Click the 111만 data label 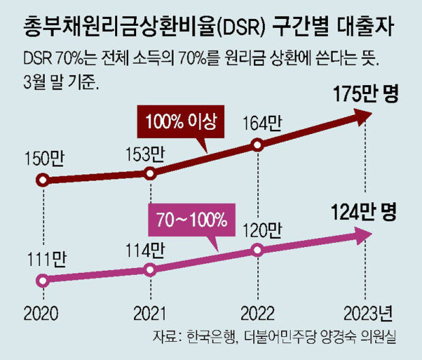[x=43, y=259]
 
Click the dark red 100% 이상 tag [x=177, y=122]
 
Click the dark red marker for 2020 [x=43, y=180]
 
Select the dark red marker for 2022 [x=257, y=144]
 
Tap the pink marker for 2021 [x=150, y=269]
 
